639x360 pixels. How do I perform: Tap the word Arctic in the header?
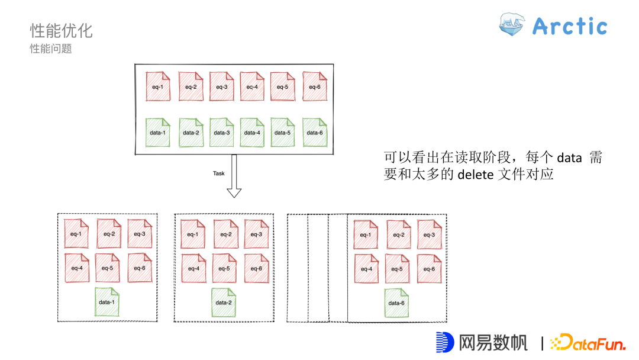pos(570,27)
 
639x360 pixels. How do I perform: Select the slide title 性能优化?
pos(61,30)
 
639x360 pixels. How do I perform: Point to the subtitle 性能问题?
pos(51,49)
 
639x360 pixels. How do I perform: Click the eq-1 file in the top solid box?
pos(158,86)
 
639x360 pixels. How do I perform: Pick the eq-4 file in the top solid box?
pos(252,86)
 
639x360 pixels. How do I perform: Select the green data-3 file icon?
pos(221,131)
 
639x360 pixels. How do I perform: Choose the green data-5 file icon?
pos(283,131)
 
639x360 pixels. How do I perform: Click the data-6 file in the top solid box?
pos(314,131)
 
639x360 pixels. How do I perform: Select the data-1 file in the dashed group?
pos(107,301)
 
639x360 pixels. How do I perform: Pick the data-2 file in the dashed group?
pos(224,301)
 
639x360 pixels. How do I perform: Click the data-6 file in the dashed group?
pos(396,302)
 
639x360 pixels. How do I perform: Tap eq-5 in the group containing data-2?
pos(224,268)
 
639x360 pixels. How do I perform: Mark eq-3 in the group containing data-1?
pos(140,233)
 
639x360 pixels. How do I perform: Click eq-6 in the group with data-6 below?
pos(430,268)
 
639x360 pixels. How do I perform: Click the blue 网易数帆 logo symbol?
pos(444,342)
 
